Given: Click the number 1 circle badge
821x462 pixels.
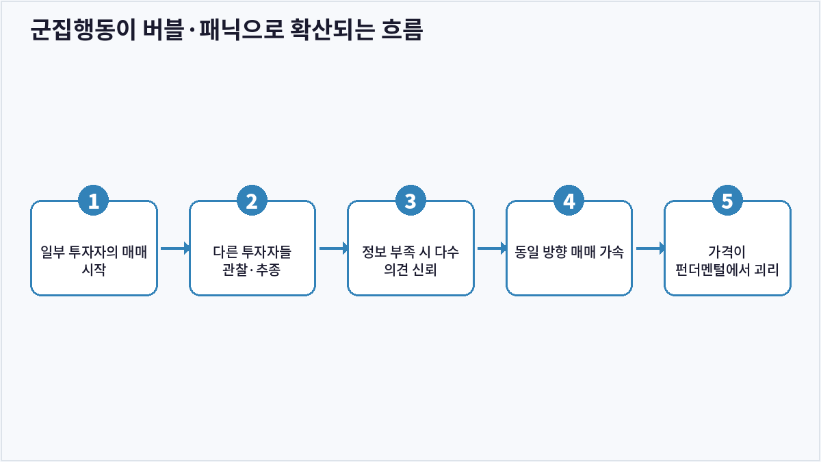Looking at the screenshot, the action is coord(94,201).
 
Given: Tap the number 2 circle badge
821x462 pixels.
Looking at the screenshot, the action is coord(252,201).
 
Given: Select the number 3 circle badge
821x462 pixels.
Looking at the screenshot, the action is coord(410,201).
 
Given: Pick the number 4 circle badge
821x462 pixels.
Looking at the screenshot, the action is coord(569,201).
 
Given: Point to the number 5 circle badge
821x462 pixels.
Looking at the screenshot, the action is coord(727,201).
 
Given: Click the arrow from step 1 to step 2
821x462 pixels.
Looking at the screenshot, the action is coord(175,248).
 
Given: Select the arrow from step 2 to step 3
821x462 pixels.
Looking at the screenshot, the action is coord(334,248).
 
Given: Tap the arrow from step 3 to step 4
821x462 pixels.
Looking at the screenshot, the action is coord(492,248).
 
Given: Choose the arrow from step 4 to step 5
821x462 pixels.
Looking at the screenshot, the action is coord(651,248).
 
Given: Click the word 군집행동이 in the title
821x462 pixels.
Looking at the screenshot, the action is coord(83,29).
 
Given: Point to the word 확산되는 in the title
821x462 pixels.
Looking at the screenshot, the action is coord(332,29).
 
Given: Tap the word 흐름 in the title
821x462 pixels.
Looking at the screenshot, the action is coord(402,29).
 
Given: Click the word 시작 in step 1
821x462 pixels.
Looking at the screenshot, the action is coord(94,270).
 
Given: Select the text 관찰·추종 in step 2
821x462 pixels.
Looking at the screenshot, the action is coord(252,270).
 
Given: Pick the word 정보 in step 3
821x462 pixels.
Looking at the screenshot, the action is coord(374,252).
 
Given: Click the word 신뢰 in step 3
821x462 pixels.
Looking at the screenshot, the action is coord(424,270).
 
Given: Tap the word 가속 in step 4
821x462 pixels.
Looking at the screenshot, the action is coord(612,252).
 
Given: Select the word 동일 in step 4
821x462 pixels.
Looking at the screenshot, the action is coord(526,252).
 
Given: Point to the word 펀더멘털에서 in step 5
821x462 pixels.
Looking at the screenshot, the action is coord(712,270).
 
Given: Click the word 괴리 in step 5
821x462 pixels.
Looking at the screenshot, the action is coord(767,270).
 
